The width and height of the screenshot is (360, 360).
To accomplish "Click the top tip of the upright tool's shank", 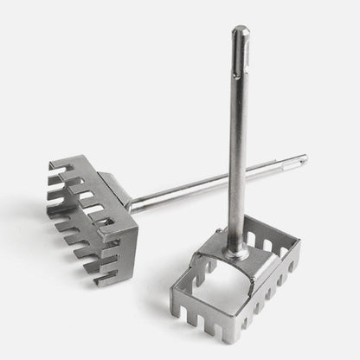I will (x=239, y=28).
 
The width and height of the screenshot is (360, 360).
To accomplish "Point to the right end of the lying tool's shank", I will (x=305, y=159).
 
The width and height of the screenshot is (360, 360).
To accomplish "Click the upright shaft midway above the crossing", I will (x=237, y=112).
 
